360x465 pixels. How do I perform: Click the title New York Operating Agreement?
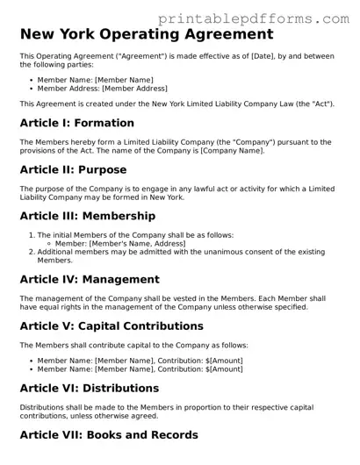146,36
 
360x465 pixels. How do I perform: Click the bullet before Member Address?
32,89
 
